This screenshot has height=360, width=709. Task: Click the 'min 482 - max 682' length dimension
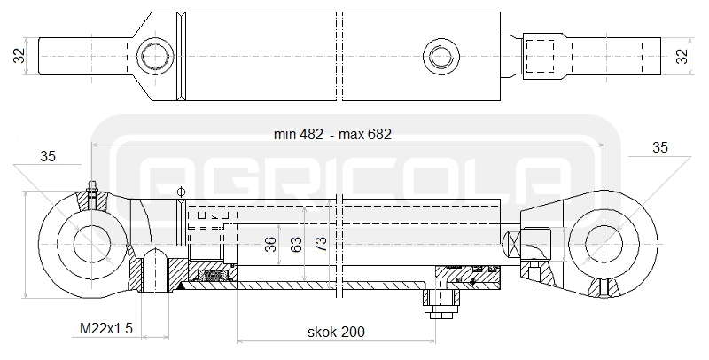coord(332,134)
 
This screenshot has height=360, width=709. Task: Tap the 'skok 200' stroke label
coord(336,332)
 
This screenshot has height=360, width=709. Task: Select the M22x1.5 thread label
coord(106,328)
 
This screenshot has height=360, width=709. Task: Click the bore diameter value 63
coord(296,244)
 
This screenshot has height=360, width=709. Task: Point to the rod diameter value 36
coord(270,244)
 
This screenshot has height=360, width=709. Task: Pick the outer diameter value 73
coord(321,244)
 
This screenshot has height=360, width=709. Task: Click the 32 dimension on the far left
coord(19,56)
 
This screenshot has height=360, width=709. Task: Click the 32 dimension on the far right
coord(682,56)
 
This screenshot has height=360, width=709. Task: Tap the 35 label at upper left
coord(48,156)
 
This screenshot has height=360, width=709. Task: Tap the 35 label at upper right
coord(660,147)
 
